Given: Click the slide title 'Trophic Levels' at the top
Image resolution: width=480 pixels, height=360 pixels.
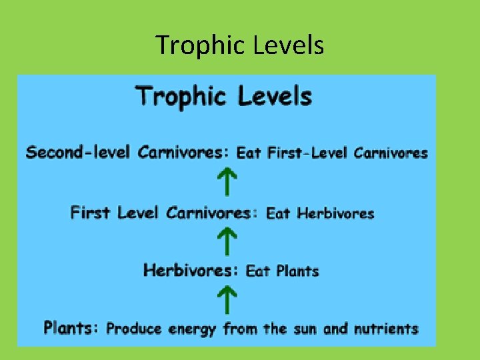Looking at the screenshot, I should (x=239, y=45).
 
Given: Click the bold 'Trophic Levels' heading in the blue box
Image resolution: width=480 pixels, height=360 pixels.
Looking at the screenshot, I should (x=223, y=96).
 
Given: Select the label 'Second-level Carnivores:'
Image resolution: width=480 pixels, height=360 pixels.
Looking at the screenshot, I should (x=127, y=153).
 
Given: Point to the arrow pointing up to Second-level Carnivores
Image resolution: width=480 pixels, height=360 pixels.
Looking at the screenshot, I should (x=227, y=182).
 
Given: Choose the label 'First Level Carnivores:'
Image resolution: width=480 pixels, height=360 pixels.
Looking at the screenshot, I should (x=164, y=213).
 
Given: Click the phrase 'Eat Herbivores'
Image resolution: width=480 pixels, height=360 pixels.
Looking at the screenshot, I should (x=320, y=214).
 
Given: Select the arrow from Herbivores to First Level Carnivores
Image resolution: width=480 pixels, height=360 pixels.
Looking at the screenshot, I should (x=227, y=241).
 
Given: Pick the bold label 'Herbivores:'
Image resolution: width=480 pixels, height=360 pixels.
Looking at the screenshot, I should (x=191, y=270).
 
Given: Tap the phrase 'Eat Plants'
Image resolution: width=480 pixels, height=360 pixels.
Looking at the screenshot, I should (x=283, y=271).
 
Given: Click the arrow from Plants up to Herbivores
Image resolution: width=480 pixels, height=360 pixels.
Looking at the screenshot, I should (x=227, y=299).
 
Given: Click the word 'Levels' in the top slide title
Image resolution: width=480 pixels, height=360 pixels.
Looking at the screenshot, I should (x=289, y=45).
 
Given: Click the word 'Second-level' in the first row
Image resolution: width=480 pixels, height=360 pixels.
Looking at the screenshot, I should (x=79, y=153).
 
